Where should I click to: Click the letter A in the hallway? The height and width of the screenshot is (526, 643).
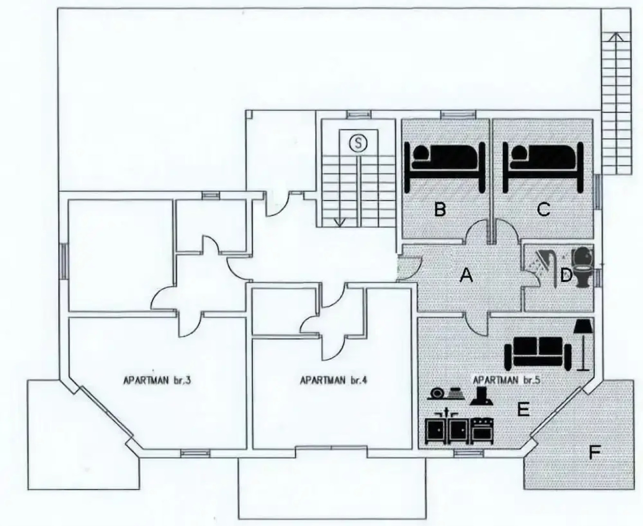pos(466,276)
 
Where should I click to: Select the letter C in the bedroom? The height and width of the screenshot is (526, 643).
pos(543,209)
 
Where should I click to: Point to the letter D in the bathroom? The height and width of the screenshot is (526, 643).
pos(565,276)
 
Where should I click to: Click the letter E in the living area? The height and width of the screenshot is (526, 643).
pos(523,409)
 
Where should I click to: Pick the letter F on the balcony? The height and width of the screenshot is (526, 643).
pos(594,453)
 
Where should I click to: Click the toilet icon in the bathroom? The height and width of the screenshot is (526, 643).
pos(583,266)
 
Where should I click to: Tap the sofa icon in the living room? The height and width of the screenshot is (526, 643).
pos(538,350)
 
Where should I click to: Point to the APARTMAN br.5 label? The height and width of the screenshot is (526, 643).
pos(507,379)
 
